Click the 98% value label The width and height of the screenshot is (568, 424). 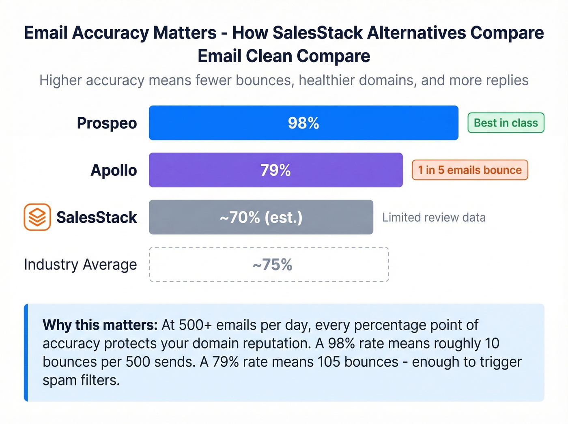[x=303, y=123]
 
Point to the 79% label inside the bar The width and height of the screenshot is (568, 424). [x=275, y=170]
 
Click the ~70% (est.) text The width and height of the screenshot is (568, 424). [x=261, y=217]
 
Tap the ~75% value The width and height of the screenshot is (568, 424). [x=272, y=265]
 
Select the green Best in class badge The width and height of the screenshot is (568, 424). [x=506, y=123]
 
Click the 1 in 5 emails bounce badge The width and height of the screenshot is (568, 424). [x=470, y=170]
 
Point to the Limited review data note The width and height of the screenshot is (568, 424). [x=434, y=217]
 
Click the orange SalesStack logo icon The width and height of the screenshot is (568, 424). [x=37, y=217]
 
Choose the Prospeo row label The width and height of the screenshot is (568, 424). [x=107, y=123]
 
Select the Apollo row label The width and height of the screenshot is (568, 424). [x=114, y=170]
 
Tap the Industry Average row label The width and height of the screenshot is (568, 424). [x=80, y=265]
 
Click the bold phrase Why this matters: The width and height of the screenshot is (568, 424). [x=100, y=325]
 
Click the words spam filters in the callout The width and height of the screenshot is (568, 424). [x=81, y=380]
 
